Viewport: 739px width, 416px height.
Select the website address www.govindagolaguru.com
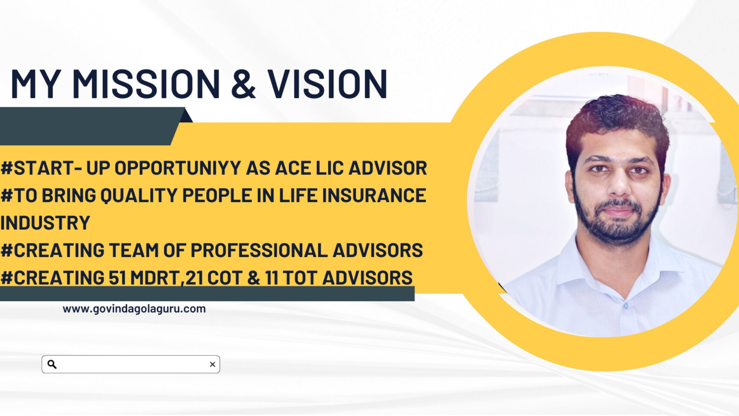click(x=134, y=309)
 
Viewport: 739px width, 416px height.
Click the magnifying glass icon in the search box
click(x=52, y=364)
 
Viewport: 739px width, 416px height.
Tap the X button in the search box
click(x=213, y=364)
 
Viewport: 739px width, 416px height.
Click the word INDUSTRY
click(x=45, y=223)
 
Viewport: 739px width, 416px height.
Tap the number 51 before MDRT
click(x=117, y=278)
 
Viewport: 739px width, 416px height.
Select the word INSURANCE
click(x=374, y=196)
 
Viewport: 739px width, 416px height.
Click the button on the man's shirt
click(x=626, y=306)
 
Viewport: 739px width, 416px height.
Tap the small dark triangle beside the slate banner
click(x=186, y=116)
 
